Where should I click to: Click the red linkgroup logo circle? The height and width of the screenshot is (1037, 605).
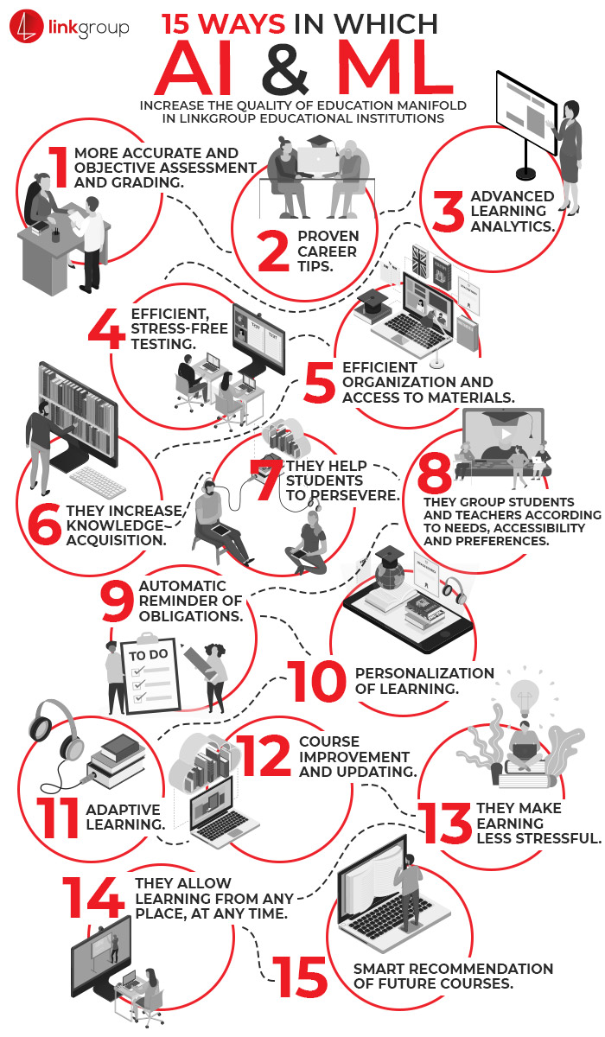26,28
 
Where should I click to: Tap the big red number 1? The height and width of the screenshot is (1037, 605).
60,167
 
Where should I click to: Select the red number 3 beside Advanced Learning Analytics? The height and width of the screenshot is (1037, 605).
448,212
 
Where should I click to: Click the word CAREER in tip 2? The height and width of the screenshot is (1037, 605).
327,251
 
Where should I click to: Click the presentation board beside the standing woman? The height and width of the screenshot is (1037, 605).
526,112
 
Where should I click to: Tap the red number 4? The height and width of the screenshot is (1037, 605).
106,329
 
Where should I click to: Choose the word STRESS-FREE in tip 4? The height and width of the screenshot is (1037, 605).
179,328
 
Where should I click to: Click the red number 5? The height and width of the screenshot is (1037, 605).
320,382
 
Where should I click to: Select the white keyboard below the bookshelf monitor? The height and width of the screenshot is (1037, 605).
98,480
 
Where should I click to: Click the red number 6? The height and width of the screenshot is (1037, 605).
44,524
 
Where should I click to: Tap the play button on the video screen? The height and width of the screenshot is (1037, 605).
506,434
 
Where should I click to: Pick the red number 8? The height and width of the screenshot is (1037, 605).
435,474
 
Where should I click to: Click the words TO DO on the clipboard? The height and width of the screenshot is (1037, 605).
149,655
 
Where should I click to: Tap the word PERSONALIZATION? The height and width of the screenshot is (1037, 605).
424,673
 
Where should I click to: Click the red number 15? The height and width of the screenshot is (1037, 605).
301,977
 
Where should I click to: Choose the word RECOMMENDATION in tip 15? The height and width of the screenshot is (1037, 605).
481,969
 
